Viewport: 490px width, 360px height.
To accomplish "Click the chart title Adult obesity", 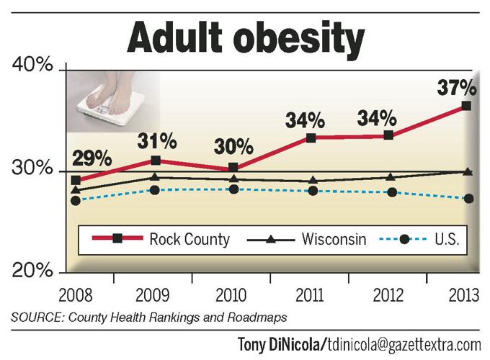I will [x=245, y=38].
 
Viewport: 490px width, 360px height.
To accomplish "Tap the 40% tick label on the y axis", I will [x=32, y=66].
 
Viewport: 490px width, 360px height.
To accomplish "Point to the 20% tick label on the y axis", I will [x=32, y=271].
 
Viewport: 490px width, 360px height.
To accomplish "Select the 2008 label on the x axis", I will [x=75, y=296].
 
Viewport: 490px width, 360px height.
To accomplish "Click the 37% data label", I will [x=457, y=89].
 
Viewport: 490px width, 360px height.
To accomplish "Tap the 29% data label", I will [x=91, y=157].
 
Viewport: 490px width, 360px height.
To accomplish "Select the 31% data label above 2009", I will [x=156, y=137].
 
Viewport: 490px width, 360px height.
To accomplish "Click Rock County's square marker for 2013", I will [x=466, y=106].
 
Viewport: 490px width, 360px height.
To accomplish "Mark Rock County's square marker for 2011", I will [x=311, y=138].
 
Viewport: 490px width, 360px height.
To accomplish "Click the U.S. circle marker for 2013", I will [x=468, y=199].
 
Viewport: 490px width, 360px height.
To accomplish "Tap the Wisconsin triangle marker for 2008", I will [x=76, y=190].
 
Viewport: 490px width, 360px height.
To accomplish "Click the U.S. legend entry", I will [x=425, y=239].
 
